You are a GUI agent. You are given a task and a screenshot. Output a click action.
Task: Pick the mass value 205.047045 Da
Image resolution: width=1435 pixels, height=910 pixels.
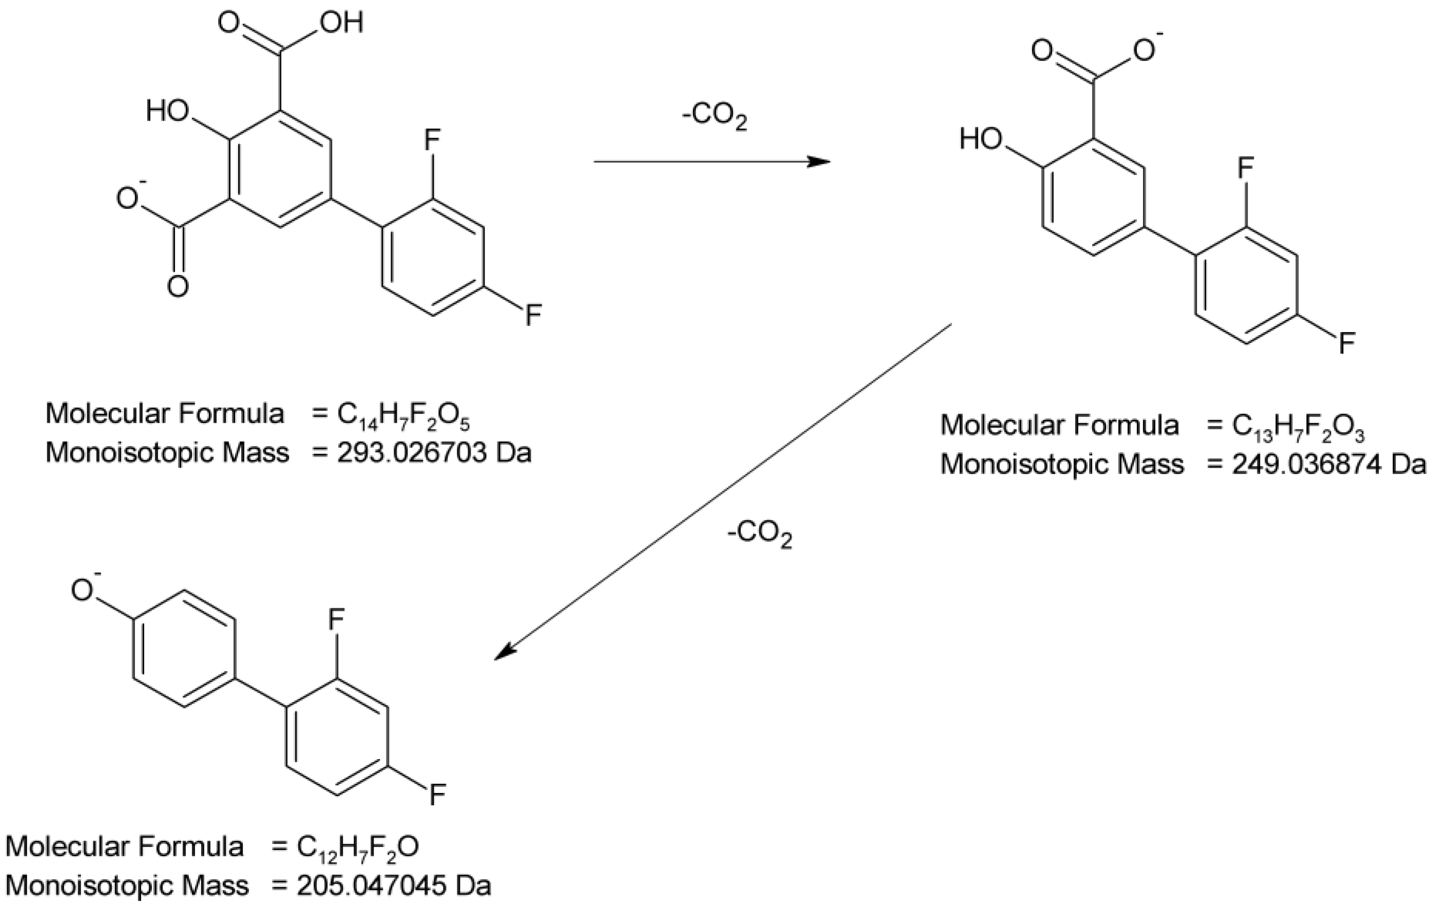coord(393,886)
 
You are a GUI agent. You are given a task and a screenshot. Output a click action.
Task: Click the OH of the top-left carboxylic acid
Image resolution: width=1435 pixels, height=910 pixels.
coord(341,24)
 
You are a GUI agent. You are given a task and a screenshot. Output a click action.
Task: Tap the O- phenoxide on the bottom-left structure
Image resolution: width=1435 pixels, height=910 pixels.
coord(82,590)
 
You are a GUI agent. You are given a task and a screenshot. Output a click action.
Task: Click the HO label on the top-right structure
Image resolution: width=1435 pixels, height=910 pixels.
coord(981,140)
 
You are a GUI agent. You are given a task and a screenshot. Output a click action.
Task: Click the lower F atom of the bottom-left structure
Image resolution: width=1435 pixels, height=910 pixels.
coord(437,795)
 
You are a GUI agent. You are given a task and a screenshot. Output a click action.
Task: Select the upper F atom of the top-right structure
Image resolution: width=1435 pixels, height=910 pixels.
coord(1246,169)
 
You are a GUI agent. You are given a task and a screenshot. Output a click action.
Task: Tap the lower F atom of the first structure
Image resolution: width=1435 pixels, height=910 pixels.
coord(532,315)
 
